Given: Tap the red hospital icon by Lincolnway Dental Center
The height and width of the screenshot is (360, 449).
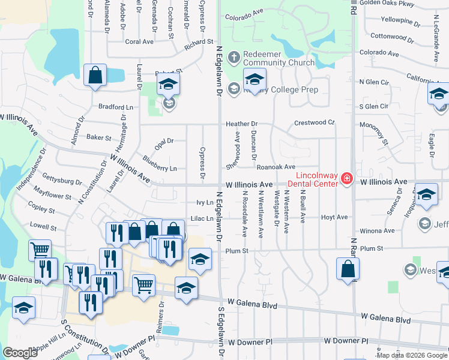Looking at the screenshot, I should coord(346,179).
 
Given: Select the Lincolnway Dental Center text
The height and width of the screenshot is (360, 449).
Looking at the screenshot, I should coord(313,179).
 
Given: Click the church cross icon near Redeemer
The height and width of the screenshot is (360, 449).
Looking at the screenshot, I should coord(234,58).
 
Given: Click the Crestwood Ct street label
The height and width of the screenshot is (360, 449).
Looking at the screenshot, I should coord(315,123).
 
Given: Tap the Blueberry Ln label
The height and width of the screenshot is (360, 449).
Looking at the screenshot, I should coord(160,163).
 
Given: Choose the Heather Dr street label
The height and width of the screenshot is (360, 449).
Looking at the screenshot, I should coord(241,124).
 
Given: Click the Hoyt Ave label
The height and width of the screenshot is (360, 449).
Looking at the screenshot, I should coord(334,217).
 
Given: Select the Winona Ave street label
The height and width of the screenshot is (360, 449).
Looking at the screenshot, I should coord(377,230).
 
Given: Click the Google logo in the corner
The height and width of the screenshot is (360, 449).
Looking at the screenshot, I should coord(20,352).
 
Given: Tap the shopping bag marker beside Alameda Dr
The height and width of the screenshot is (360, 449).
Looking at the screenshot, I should coord(95,76).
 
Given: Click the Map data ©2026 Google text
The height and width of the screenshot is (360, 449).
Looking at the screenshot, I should coord(412,355).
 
